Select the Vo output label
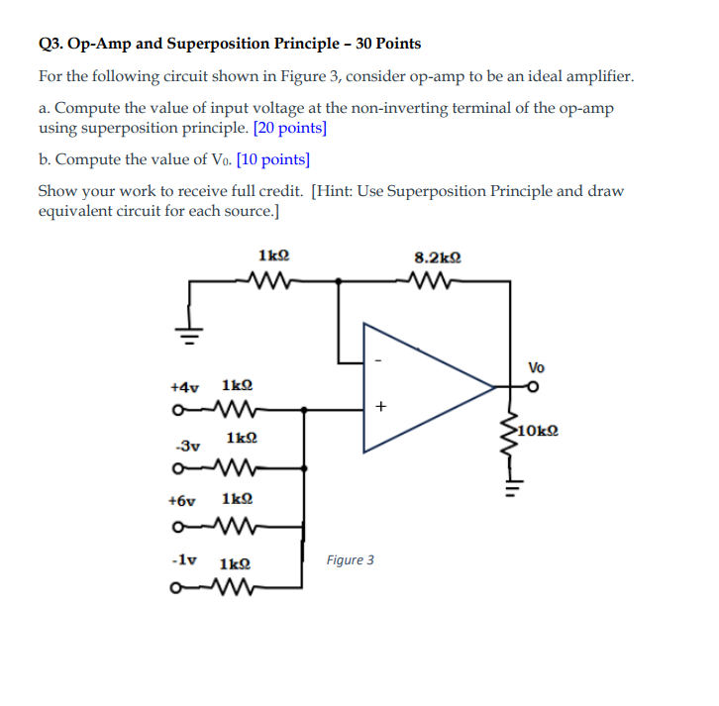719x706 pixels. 536,366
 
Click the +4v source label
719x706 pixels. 185,385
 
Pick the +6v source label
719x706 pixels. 185,502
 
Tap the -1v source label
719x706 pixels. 183,559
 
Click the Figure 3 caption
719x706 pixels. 351,560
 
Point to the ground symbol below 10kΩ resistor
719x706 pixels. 512,486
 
